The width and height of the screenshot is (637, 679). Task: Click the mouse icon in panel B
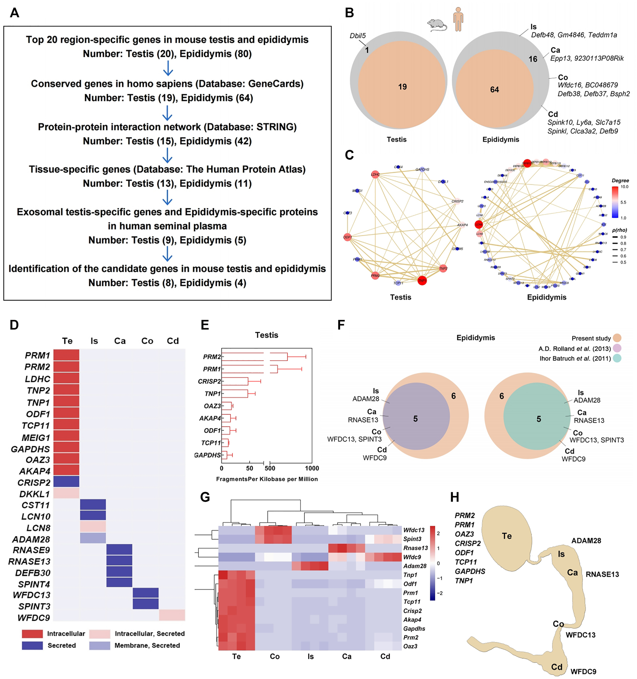tap(437, 25)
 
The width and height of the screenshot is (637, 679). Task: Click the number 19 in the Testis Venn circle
tap(402, 87)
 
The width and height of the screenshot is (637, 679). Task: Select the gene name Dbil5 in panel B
tap(358, 36)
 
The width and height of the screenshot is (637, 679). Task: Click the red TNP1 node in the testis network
tap(422, 281)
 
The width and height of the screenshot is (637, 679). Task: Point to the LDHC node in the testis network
tap(375, 175)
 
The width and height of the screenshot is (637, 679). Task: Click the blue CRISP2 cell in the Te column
tap(66, 481)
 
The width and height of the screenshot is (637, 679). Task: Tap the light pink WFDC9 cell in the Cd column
tap(172, 615)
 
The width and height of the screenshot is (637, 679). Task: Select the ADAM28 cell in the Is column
tap(93, 538)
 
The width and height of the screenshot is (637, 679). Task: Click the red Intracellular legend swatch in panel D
tap(32, 634)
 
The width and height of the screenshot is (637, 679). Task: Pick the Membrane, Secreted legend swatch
tap(100, 646)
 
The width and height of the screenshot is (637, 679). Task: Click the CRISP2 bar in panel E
tap(235, 381)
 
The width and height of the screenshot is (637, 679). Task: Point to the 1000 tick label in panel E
tap(312, 468)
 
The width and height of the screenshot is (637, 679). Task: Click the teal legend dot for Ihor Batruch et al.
tap(617, 358)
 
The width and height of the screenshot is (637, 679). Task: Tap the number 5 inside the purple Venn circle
tap(415, 418)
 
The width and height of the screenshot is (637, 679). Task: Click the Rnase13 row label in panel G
tap(415, 548)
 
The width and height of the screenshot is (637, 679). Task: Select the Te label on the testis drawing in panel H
tap(507, 536)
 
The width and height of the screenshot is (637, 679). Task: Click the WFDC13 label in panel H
tap(580, 635)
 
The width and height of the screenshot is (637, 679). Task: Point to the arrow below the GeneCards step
tap(167, 113)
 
